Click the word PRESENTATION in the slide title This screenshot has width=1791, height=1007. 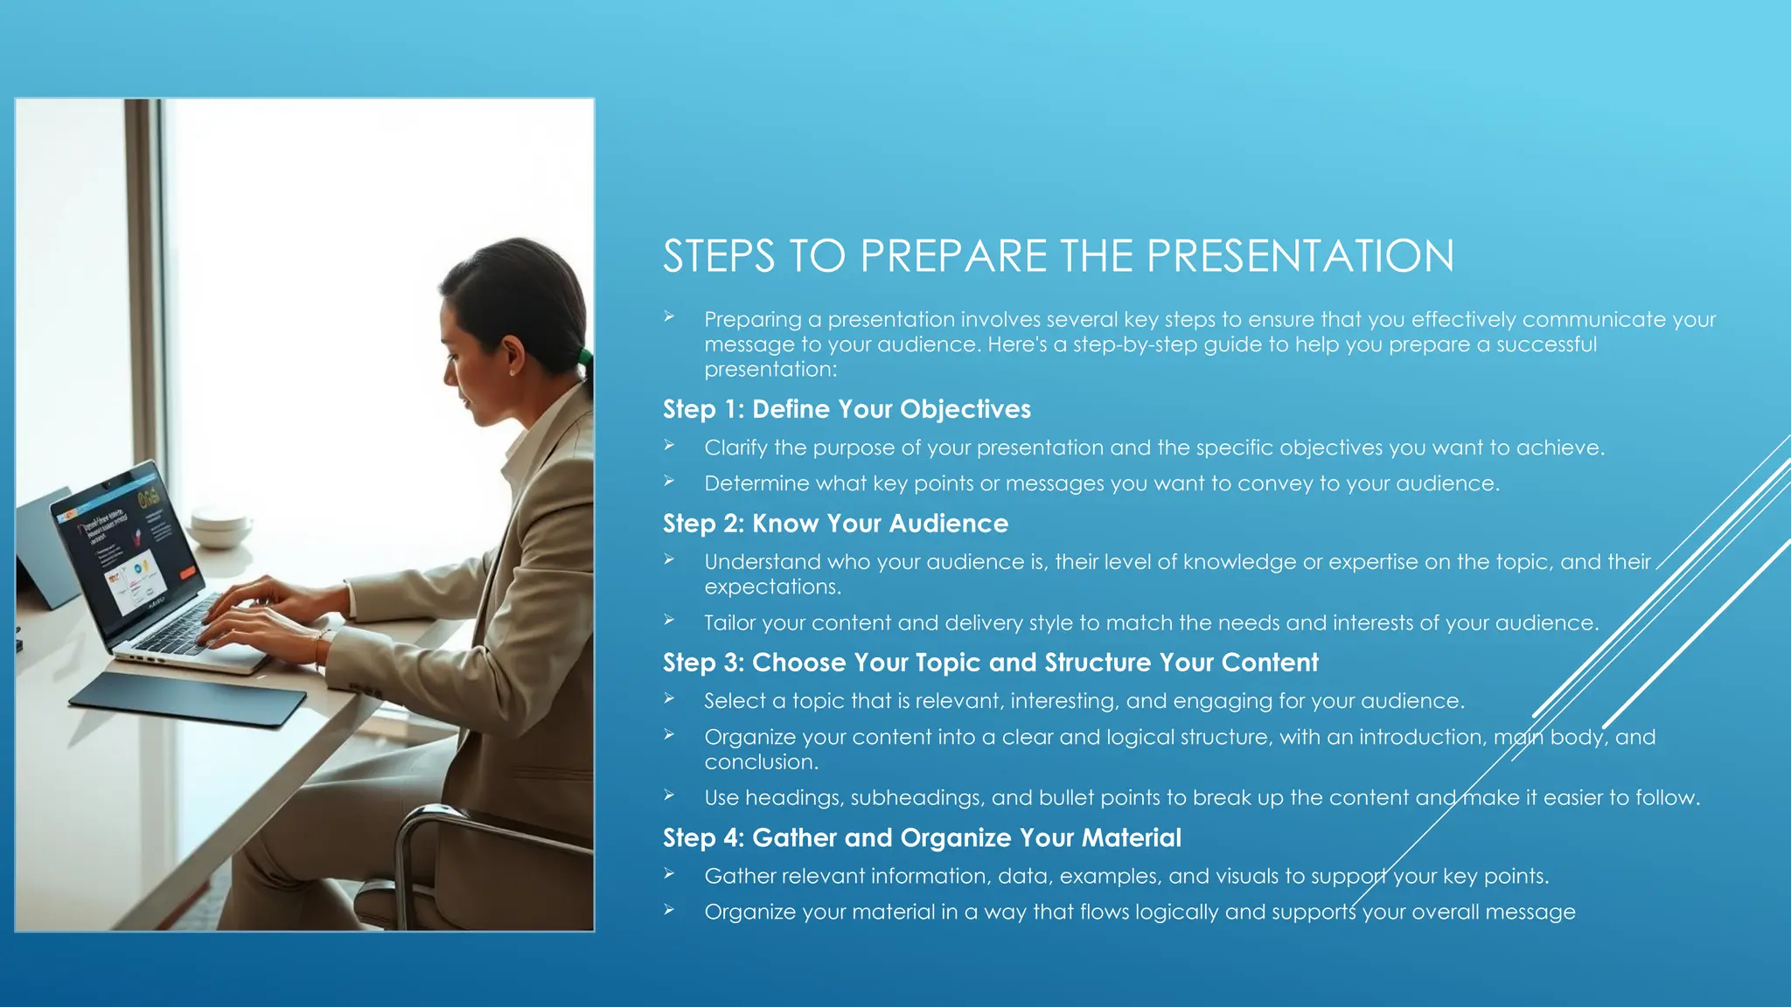click(x=1300, y=256)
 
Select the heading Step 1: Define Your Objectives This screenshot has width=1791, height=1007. click(x=847, y=409)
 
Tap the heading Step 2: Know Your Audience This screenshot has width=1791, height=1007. click(x=835, y=524)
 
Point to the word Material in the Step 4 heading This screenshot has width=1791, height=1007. click(x=1131, y=837)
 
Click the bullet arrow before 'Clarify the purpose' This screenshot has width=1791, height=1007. click(x=669, y=446)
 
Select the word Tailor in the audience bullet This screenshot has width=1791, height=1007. click(x=730, y=623)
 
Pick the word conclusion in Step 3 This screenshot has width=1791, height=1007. click(x=761, y=762)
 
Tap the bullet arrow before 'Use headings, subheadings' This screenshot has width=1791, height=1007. click(x=669, y=795)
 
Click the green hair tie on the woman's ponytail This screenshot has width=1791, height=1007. click(x=583, y=358)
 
